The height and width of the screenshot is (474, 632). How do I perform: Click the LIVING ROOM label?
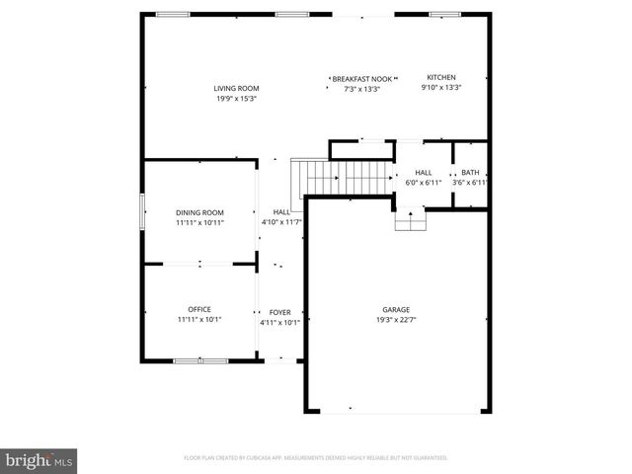point(236,89)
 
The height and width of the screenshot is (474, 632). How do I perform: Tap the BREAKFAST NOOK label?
point(361,78)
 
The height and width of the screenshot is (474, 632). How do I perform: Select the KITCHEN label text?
point(440,77)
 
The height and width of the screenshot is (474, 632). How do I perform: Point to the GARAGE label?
point(396,309)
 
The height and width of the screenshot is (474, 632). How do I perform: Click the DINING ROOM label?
point(199,212)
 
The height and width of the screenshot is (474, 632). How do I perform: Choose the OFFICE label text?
point(199,309)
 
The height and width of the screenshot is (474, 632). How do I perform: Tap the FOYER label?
point(279,312)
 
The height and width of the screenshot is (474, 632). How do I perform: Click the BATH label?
point(470,172)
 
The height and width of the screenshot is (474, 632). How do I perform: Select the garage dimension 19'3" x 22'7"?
point(396,319)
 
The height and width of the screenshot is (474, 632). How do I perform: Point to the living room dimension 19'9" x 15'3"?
point(236,99)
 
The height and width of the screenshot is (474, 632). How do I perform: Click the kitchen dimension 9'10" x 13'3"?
point(440,87)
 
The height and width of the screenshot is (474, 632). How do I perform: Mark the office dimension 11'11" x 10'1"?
point(199,319)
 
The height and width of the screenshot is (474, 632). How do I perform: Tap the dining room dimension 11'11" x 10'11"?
point(199,222)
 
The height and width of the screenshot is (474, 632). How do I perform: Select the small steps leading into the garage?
point(410,220)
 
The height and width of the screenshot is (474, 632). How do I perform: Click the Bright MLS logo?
point(39,460)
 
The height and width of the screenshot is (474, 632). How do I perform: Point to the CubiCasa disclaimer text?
point(316,457)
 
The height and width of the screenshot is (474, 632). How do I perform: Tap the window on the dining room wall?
point(142,211)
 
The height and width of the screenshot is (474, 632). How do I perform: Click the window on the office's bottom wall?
point(200,361)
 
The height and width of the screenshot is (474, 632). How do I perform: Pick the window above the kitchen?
point(444,14)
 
